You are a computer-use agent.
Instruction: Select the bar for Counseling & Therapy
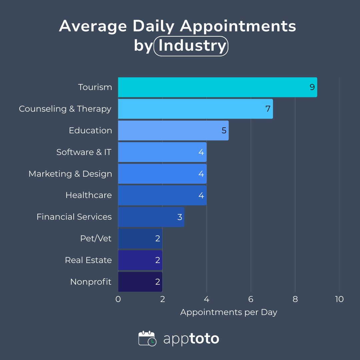click(195, 109)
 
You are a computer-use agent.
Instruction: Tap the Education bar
click(173, 130)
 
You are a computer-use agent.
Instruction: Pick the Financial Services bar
click(151, 217)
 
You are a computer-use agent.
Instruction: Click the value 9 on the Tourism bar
click(312, 87)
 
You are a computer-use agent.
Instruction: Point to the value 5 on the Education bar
click(224, 130)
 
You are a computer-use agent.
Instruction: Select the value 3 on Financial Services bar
click(180, 217)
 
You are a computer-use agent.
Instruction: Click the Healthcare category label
click(89, 195)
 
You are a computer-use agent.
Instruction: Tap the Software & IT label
click(84, 152)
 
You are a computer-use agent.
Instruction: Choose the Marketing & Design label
click(70, 174)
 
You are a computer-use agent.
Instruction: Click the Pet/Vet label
click(96, 239)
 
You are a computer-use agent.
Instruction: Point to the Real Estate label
click(88, 260)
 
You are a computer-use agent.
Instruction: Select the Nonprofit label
click(91, 282)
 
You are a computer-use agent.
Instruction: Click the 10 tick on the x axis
click(339, 299)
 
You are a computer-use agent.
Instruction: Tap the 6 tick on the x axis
click(251, 299)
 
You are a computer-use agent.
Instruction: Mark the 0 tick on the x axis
click(118, 299)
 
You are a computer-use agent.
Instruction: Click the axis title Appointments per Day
click(229, 312)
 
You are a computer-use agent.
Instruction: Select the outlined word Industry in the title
click(191, 46)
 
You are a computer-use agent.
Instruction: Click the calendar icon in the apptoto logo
click(147, 339)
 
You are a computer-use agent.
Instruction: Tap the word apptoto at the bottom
click(191, 339)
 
